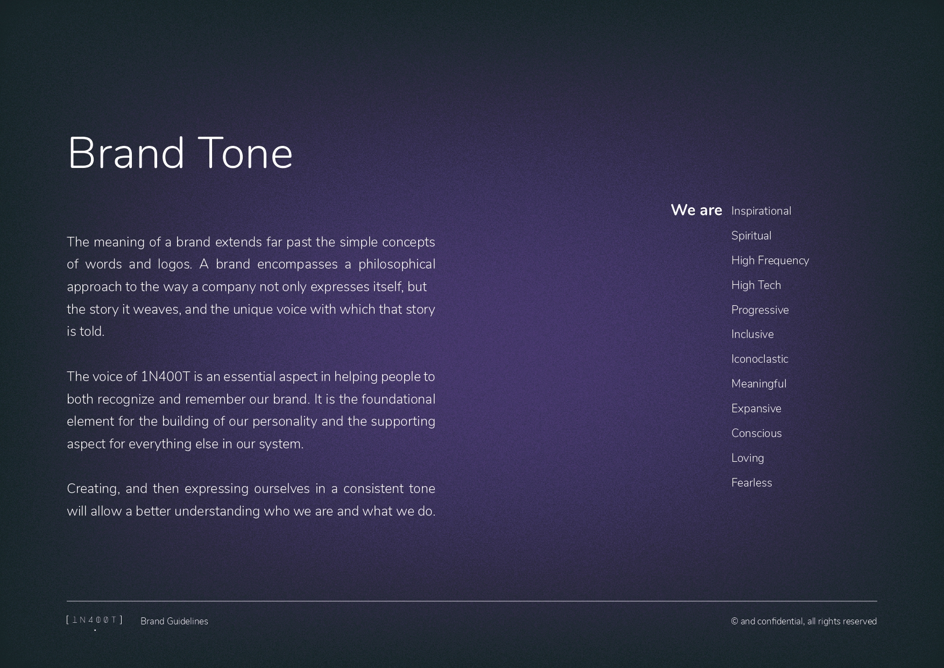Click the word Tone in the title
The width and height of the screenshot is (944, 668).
click(245, 153)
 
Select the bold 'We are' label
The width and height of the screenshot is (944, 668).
click(696, 210)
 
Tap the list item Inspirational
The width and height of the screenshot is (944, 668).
click(761, 211)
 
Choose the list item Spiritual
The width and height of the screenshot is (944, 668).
click(751, 236)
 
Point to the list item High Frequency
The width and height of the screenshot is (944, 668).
click(770, 261)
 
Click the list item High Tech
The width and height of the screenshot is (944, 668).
click(756, 285)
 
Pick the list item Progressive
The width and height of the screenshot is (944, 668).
click(760, 310)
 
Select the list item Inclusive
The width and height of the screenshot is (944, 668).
click(752, 334)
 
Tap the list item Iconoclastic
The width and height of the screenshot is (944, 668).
click(759, 359)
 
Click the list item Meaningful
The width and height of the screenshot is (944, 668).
click(759, 384)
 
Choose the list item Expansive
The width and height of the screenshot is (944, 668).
click(756, 409)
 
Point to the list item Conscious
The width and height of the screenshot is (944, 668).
click(757, 433)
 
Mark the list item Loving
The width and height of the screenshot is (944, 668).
click(748, 458)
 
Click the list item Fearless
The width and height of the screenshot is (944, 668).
click(752, 483)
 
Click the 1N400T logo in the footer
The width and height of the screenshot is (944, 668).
click(95, 621)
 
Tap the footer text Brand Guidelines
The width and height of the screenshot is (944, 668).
click(174, 621)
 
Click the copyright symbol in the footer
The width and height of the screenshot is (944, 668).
click(735, 622)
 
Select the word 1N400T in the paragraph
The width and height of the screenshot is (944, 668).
click(165, 377)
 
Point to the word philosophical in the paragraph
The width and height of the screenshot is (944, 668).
click(397, 265)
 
